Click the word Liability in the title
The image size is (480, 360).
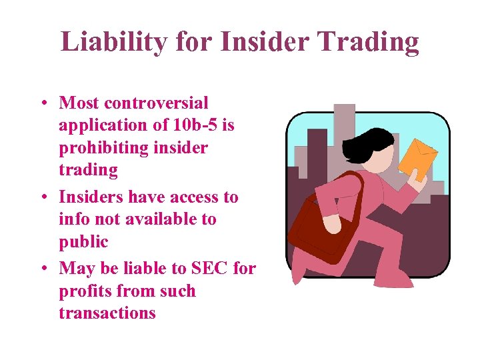(102, 41)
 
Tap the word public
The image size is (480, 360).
(83, 241)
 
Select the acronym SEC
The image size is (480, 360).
(210, 269)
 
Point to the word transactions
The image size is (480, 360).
(107, 313)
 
